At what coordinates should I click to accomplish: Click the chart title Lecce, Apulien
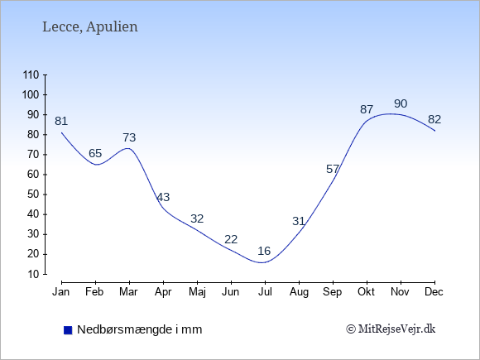(x=90, y=27)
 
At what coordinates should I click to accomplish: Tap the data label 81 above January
(x=61, y=121)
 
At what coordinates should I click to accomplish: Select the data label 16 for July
(x=264, y=251)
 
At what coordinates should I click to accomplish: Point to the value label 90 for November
(x=401, y=103)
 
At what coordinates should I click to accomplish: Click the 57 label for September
(x=333, y=169)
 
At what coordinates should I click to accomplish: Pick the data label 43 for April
(x=163, y=197)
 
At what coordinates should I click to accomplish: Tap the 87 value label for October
(x=367, y=109)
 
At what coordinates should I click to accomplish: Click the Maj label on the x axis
(x=197, y=292)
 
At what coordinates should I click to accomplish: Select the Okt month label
(x=366, y=292)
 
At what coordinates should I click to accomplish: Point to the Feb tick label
(x=94, y=292)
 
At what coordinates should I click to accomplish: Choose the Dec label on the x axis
(x=434, y=292)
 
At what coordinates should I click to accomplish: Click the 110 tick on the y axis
(x=31, y=74)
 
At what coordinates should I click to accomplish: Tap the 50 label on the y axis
(x=33, y=194)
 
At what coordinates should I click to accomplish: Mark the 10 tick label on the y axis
(x=33, y=274)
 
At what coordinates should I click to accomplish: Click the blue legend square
(x=68, y=330)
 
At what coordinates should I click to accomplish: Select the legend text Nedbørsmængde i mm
(x=140, y=329)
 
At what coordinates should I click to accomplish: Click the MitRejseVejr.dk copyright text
(x=391, y=329)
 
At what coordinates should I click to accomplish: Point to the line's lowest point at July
(x=262, y=262)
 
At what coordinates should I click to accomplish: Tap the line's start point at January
(x=61, y=132)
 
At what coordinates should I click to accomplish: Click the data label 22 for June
(x=231, y=239)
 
